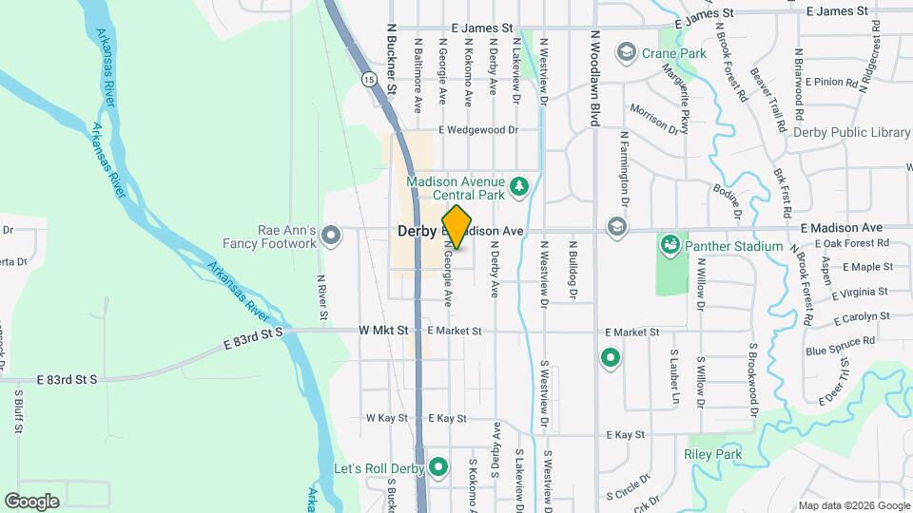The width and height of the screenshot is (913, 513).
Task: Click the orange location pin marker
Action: [456, 227]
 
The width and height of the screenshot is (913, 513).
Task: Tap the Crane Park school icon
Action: [626, 50]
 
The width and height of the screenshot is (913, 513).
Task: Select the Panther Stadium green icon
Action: [670, 246]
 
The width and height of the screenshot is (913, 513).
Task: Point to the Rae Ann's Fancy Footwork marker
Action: [330, 234]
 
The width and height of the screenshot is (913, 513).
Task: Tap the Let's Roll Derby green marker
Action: [438, 466]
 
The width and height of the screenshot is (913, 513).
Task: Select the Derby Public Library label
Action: [852, 133]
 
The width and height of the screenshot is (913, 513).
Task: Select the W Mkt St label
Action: [383, 331]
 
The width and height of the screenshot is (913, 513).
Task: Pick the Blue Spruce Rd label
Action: [839, 346]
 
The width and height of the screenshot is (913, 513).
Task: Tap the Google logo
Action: [31, 501]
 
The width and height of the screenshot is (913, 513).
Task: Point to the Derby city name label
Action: [416, 231]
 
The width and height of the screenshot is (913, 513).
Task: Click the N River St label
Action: [322, 295]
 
